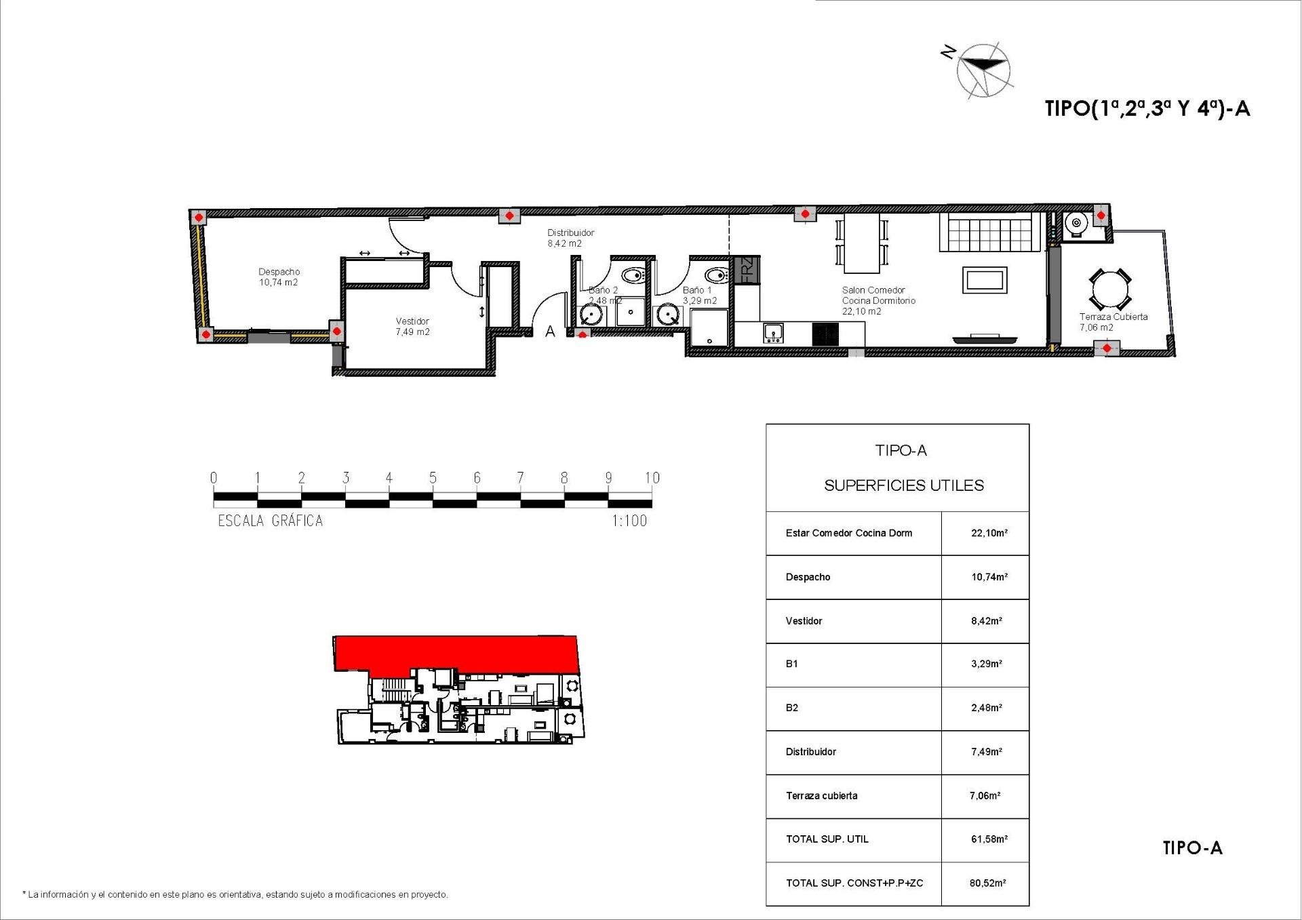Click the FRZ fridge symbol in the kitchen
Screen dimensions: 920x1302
747,269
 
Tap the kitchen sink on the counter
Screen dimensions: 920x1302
773,333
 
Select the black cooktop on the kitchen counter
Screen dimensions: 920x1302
825,334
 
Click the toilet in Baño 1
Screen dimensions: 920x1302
716,276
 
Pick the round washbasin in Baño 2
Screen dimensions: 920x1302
592,315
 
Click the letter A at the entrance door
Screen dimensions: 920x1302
551,332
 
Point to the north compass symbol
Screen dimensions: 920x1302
983,68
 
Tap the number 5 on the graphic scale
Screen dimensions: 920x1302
433,478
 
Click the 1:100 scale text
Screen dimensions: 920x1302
629,521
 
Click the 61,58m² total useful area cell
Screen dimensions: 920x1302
989,839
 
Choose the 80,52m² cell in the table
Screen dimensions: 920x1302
987,883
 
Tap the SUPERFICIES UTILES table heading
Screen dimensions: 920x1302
903,485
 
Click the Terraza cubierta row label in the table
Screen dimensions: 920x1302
821,795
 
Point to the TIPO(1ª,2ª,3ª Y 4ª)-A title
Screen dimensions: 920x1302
1147,108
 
